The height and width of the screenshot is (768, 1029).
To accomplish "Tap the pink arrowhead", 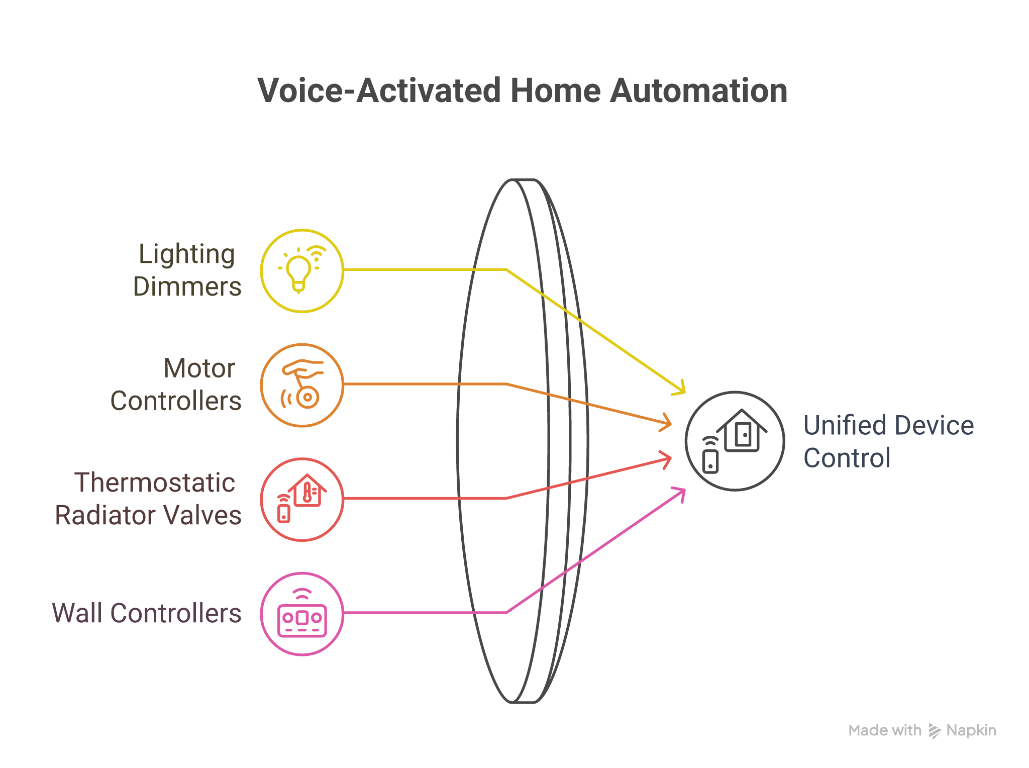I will tap(680, 492).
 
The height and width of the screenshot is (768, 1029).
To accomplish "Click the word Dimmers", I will tap(187, 287).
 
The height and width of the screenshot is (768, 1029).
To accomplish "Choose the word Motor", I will tap(199, 368).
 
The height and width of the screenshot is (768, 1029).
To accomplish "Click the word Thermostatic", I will tap(155, 483).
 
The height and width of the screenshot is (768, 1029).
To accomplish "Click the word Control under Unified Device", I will tap(847, 458).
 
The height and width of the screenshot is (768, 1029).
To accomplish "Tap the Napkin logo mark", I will tap(934, 731).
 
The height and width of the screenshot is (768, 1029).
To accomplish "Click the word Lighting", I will tap(186, 254).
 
